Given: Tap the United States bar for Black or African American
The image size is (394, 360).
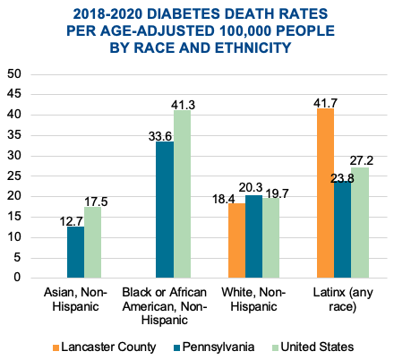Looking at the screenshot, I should coord(182,193).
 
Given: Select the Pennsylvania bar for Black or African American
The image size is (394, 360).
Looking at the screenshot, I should coord(165,209).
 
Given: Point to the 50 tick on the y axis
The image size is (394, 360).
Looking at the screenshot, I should coord(15,74).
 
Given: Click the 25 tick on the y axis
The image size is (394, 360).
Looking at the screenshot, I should coord(15,176).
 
